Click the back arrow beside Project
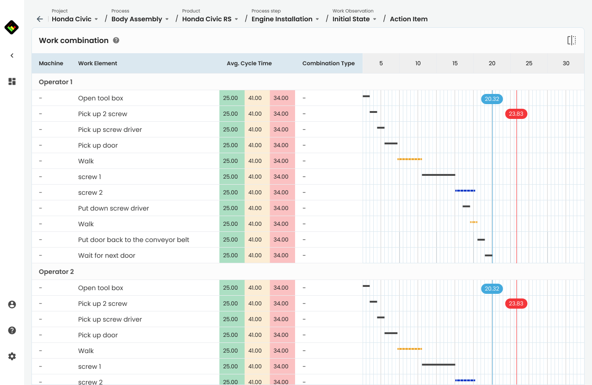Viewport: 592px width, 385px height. click(x=40, y=19)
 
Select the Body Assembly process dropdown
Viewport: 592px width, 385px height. click(x=140, y=19)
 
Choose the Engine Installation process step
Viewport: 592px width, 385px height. click(x=285, y=19)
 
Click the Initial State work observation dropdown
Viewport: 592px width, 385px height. click(x=354, y=19)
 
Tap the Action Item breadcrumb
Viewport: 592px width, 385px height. click(x=408, y=19)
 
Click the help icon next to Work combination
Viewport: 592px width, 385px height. click(x=116, y=40)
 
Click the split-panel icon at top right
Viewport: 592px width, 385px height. click(x=572, y=40)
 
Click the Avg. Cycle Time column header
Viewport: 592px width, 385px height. click(x=249, y=63)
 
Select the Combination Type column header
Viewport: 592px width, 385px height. click(x=328, y=63)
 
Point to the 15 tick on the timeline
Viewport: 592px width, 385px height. click(x=455, y=63)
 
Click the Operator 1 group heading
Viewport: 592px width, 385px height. click(x=55, y=82)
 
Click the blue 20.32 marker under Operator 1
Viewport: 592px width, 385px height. click(x=492, y=99)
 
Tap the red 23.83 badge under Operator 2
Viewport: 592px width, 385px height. click(x=516, y=304)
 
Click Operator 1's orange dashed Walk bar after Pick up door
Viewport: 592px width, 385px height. click(x=409, y=159)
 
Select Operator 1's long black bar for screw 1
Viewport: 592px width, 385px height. click(x=438, y=175)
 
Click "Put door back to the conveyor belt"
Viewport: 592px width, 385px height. click(x=134, y=240)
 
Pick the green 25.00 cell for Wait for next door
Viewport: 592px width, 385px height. click(x=231, y=255)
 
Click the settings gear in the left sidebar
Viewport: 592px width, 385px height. click(x=12, y=356)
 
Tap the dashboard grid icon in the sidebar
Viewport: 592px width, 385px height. click(x=12, y=81)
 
